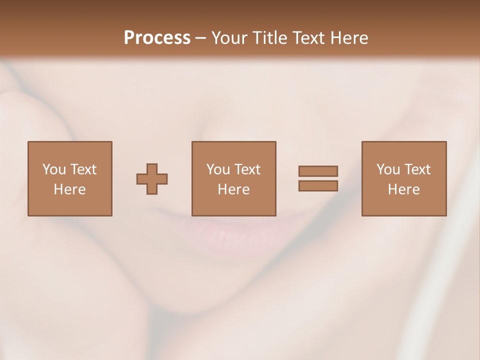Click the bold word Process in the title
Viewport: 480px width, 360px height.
pyautogui.click(x=157, y=38)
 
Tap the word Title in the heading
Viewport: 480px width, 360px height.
pyautogui.click(x=272, y=38)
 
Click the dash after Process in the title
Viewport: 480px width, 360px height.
pyautogui.click(x=201, y=38)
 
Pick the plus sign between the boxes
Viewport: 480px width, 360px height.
pyautogui.click(x=152, y=179)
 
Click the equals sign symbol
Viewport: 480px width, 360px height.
pyautogui.click(x=318, y=178)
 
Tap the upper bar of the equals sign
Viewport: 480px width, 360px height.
pyautogui.click(x=318, y=171)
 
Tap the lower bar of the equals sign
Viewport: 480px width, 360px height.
pyautogui.click(x=318, y=186)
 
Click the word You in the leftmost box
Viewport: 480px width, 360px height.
pyautogui.click(x=54, y=169)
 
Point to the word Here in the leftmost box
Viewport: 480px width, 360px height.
pyautogui.click(x=70, y=189)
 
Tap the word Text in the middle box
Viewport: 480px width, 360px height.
pyautogui.click(x=247, y=169)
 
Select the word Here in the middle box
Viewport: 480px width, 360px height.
pyautogui.click(x=234, y=189)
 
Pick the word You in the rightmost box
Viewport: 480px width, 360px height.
pyautogui.click(x=388, y=169)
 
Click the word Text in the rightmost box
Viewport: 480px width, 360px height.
pyautogui.click(x=417, y=169)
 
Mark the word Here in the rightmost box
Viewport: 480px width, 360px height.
pyautogui.click(x=404, y=189)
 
